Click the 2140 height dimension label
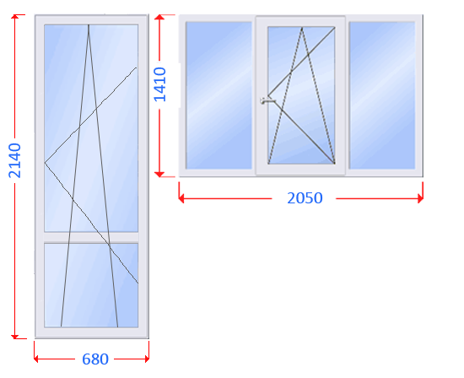[x=15, y=160]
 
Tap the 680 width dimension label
[x=95, y=359]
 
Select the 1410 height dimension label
[x=160, y=84]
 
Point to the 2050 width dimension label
[x=305, y=198]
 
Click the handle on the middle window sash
[x=267, y=101]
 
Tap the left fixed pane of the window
[x=219, y=95]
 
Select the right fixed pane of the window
[x=382, y=95]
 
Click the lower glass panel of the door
[x=91, y=285]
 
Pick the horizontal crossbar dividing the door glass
[x=91, y=237]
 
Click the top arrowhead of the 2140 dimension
[x=15, y=17]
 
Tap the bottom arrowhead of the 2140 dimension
[x=15, y=337]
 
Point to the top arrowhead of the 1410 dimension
[x=159, y=17]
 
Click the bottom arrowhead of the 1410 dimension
[x=159, y=174]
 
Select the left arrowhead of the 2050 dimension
[x=181, y=198]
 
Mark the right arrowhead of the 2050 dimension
[x=420, y=198]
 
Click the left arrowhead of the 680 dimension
[x=36, y=359]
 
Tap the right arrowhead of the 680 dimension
[x=147, y=359]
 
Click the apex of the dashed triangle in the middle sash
[x=302, y=28]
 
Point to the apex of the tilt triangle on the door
[x=89, y=24]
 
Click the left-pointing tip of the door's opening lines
[x=45, y=163]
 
